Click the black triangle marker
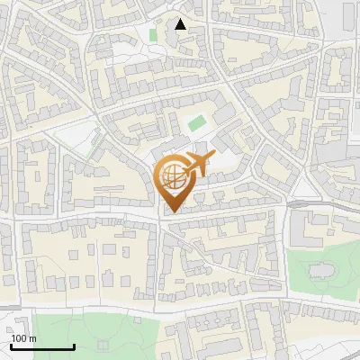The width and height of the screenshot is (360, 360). [x=181, y=24]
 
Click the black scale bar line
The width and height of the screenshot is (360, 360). [x=41, y=347]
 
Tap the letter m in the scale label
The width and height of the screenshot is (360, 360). [x=32, y=338]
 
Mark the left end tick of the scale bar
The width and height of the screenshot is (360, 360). [x=11, y=346]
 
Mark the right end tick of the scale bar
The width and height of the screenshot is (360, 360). [x=73, y=346]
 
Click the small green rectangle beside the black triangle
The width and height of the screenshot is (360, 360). [x=153, y=35]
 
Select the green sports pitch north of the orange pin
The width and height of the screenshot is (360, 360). [x=196, y=122]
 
